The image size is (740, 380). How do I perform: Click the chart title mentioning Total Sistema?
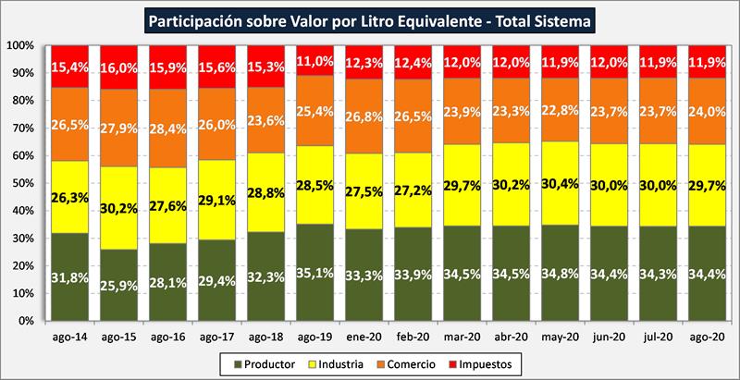(x=370, y=18)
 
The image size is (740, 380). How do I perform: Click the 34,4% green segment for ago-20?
(x=705, y=273)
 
